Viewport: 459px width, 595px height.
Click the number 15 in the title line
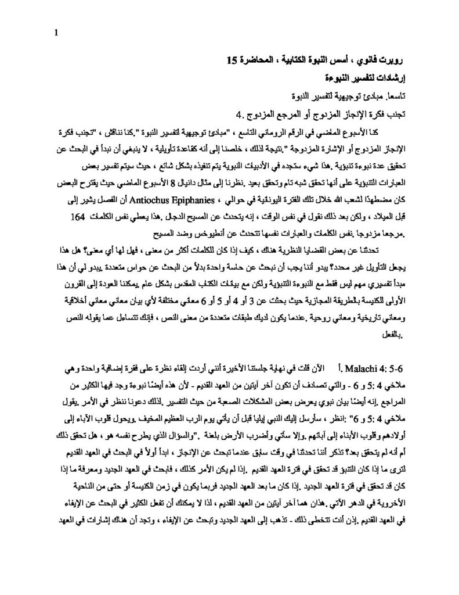pyautogui.click(x=232, y=59)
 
